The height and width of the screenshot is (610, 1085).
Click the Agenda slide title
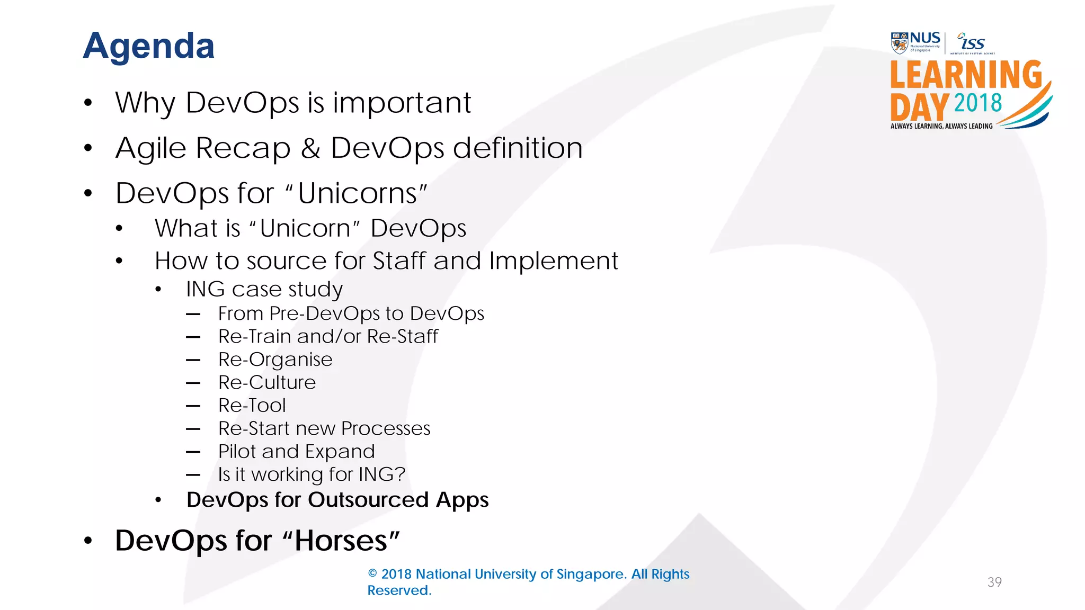click(x=149, y=46)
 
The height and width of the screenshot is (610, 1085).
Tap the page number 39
click(x=994, y=582)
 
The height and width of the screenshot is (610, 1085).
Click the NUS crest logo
click(x=899, y=43)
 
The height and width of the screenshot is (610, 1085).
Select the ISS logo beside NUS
click(x=972, y=42)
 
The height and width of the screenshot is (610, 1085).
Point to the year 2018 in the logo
click(x=978, y=103)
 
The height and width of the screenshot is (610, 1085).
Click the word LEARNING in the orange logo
click(x=966, y=75)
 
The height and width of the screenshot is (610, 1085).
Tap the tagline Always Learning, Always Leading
click(x=941, y=126)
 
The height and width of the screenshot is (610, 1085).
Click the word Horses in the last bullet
click(x=341, y=541)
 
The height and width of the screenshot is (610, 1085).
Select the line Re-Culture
click(x=267, y=382)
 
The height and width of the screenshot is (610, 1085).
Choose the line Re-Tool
click(x=252, y=405)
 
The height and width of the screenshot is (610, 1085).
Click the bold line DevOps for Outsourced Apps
click(x=337, y=500)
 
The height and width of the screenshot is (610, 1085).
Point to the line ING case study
click(x=264, y=289)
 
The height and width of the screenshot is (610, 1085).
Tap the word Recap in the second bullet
click(x=243, y=148)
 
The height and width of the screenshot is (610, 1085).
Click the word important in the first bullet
click(x=402, y=102)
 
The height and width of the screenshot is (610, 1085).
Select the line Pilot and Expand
click(x=297, y=451)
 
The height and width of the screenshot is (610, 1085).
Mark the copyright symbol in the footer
click(x=373, y=574)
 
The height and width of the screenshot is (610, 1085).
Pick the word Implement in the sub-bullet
click(x=554, y=261)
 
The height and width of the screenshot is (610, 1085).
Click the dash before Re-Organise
click(x=193, y=360)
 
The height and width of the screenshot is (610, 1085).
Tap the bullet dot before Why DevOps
click(x=88, y=103)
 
